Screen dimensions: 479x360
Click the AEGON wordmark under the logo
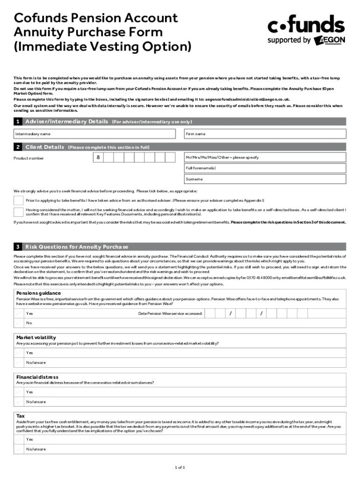coord(330,40)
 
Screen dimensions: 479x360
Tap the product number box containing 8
coord(98,158)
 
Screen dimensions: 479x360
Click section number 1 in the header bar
coord(18,122)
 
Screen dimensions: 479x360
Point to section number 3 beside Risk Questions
coord(18,247)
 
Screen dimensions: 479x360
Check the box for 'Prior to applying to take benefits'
coord(18,200)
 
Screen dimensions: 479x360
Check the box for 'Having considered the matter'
coord(18,212)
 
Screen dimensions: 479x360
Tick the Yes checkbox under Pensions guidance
coord(19,313)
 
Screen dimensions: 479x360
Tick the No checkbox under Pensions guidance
coord(19,323)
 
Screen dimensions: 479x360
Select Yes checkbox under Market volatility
coord(19,353)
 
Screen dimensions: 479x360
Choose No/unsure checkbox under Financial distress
coord(19,401)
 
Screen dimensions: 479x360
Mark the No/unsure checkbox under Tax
coord(19,449)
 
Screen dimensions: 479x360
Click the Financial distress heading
coord(37,377)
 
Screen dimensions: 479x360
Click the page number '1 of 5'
coord(180,467)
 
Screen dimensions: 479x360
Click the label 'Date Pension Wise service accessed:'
coord(170,313)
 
